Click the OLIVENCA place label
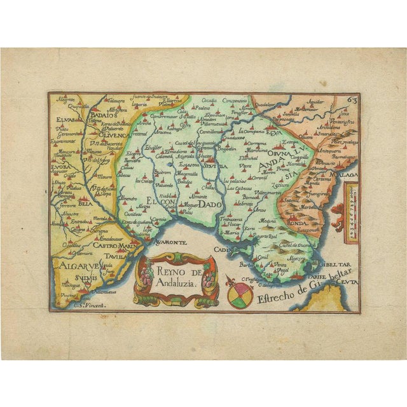click(x=114, y=134)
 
